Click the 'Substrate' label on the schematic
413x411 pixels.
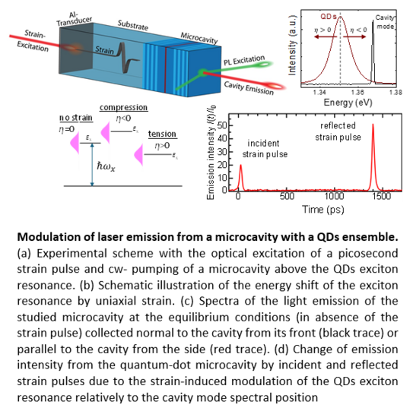(x=133, y=25)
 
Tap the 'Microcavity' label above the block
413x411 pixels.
(x=199, y=38)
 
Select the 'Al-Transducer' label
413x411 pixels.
(x=74, y=19)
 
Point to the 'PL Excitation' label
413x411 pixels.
(x=244, y=60)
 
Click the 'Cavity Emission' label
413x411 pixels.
(x=249, y=88)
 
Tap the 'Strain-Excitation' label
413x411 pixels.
(x=33, y=41)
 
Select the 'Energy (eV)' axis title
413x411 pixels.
(x=348, y=103)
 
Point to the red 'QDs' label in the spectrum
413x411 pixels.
(x=329, y=17)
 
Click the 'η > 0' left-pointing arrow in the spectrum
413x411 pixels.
(x=326, y=36)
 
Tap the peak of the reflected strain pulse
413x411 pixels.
(x=373, y=124)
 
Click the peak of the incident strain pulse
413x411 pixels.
(x=240, y=165)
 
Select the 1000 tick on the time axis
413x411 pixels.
(x=334, y=196)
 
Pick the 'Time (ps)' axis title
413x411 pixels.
(x=323, y=210)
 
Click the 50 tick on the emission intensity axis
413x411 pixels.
(x=222, y=125)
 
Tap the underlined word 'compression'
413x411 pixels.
(x=123, y=108)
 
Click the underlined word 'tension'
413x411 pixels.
(x=162, y=134)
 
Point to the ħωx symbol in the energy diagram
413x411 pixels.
(x=106, y=166)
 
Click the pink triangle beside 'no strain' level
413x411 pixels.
(x=75, y=143)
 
